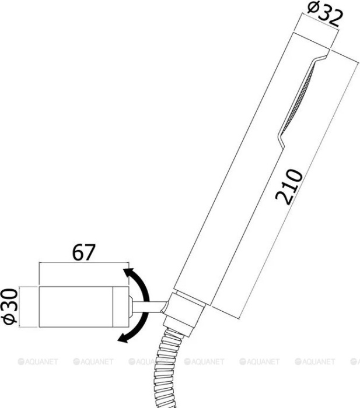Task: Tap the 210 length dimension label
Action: pyautogui.click(x=289, y=187)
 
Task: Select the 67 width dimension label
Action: pyautogui.click(x=84, y=252)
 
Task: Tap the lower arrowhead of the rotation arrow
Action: pyautogui.click(x=123, y=337)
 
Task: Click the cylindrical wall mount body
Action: pyautogui.click(x=84, y=307)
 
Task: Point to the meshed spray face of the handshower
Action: pyautogui.click(x=298, y=99)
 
